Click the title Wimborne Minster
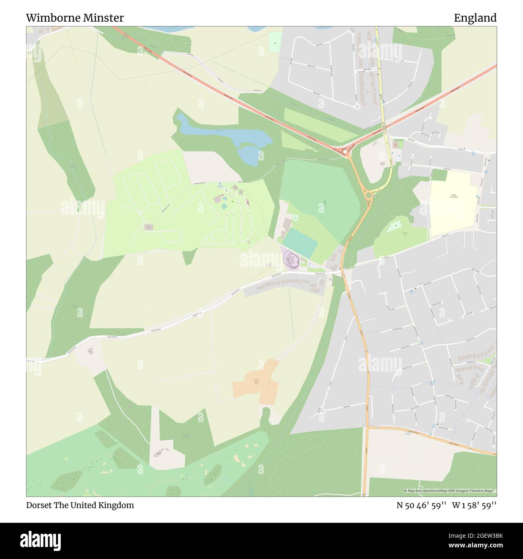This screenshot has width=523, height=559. click(x=75, y=18)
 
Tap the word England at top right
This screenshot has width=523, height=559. click(x=475, y=18)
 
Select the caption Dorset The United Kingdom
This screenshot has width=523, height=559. click(x=80, y=505)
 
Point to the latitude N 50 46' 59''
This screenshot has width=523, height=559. click(x=421, y=505)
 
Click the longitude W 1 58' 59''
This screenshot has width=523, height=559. click(x=474, y=505)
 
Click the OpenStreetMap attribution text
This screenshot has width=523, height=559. click(x=450, y=491)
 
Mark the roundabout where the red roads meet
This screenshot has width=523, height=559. click(x=344, y=151)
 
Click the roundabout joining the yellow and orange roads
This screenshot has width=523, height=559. click(x=368, y=195)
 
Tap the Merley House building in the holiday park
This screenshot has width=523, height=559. click(x=148, y=227)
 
